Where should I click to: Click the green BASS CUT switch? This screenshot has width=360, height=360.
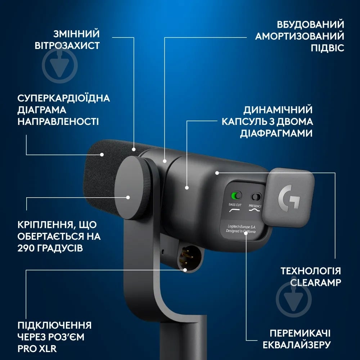236,196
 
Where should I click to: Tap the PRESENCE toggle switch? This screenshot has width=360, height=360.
256,197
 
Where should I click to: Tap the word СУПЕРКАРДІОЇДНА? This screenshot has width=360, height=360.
63,98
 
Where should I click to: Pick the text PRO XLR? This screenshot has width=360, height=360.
37,348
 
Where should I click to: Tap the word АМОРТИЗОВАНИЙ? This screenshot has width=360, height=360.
299,36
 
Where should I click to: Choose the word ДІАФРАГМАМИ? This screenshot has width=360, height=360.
276,133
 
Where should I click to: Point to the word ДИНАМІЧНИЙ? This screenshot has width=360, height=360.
278,110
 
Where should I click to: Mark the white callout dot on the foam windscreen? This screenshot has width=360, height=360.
102,155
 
